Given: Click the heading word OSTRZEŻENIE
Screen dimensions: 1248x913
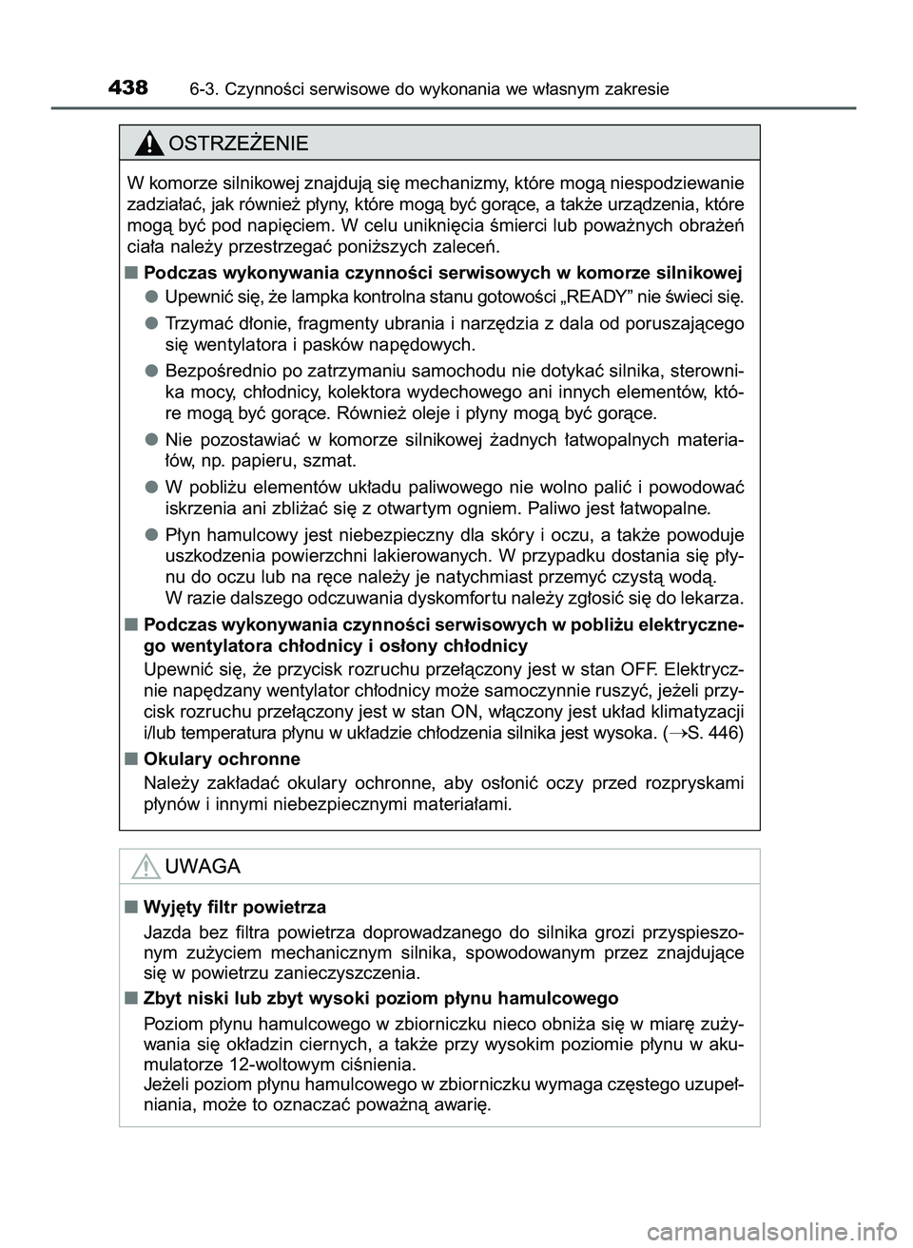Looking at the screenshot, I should (237, 144).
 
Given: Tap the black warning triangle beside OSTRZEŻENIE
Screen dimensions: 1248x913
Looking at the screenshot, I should (149, 144).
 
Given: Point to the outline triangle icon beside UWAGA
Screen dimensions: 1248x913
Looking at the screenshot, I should (146, 866).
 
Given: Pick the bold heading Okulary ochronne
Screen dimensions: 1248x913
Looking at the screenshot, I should (222, 758).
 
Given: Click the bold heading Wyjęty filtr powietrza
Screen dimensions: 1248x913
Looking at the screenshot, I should (234, 907).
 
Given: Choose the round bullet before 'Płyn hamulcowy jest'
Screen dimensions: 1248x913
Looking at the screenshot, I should (152, 534).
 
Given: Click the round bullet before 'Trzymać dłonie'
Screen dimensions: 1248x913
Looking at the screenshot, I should (152, 323).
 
